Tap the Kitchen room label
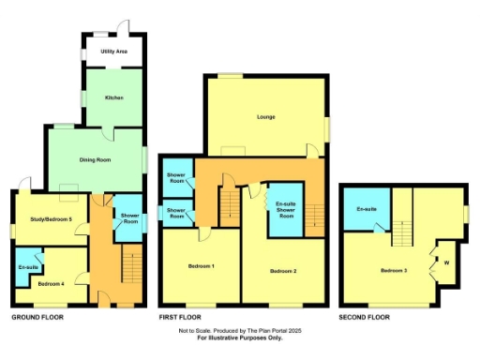tap(114, 97)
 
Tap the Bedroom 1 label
tap(202, 266)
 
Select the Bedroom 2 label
tap(283, 271)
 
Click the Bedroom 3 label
tap(393, 271)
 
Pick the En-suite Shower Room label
tap(286, 208)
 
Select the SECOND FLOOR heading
tap(365, 318)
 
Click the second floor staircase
tap(402, 231)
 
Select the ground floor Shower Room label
tap(127, 219)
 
